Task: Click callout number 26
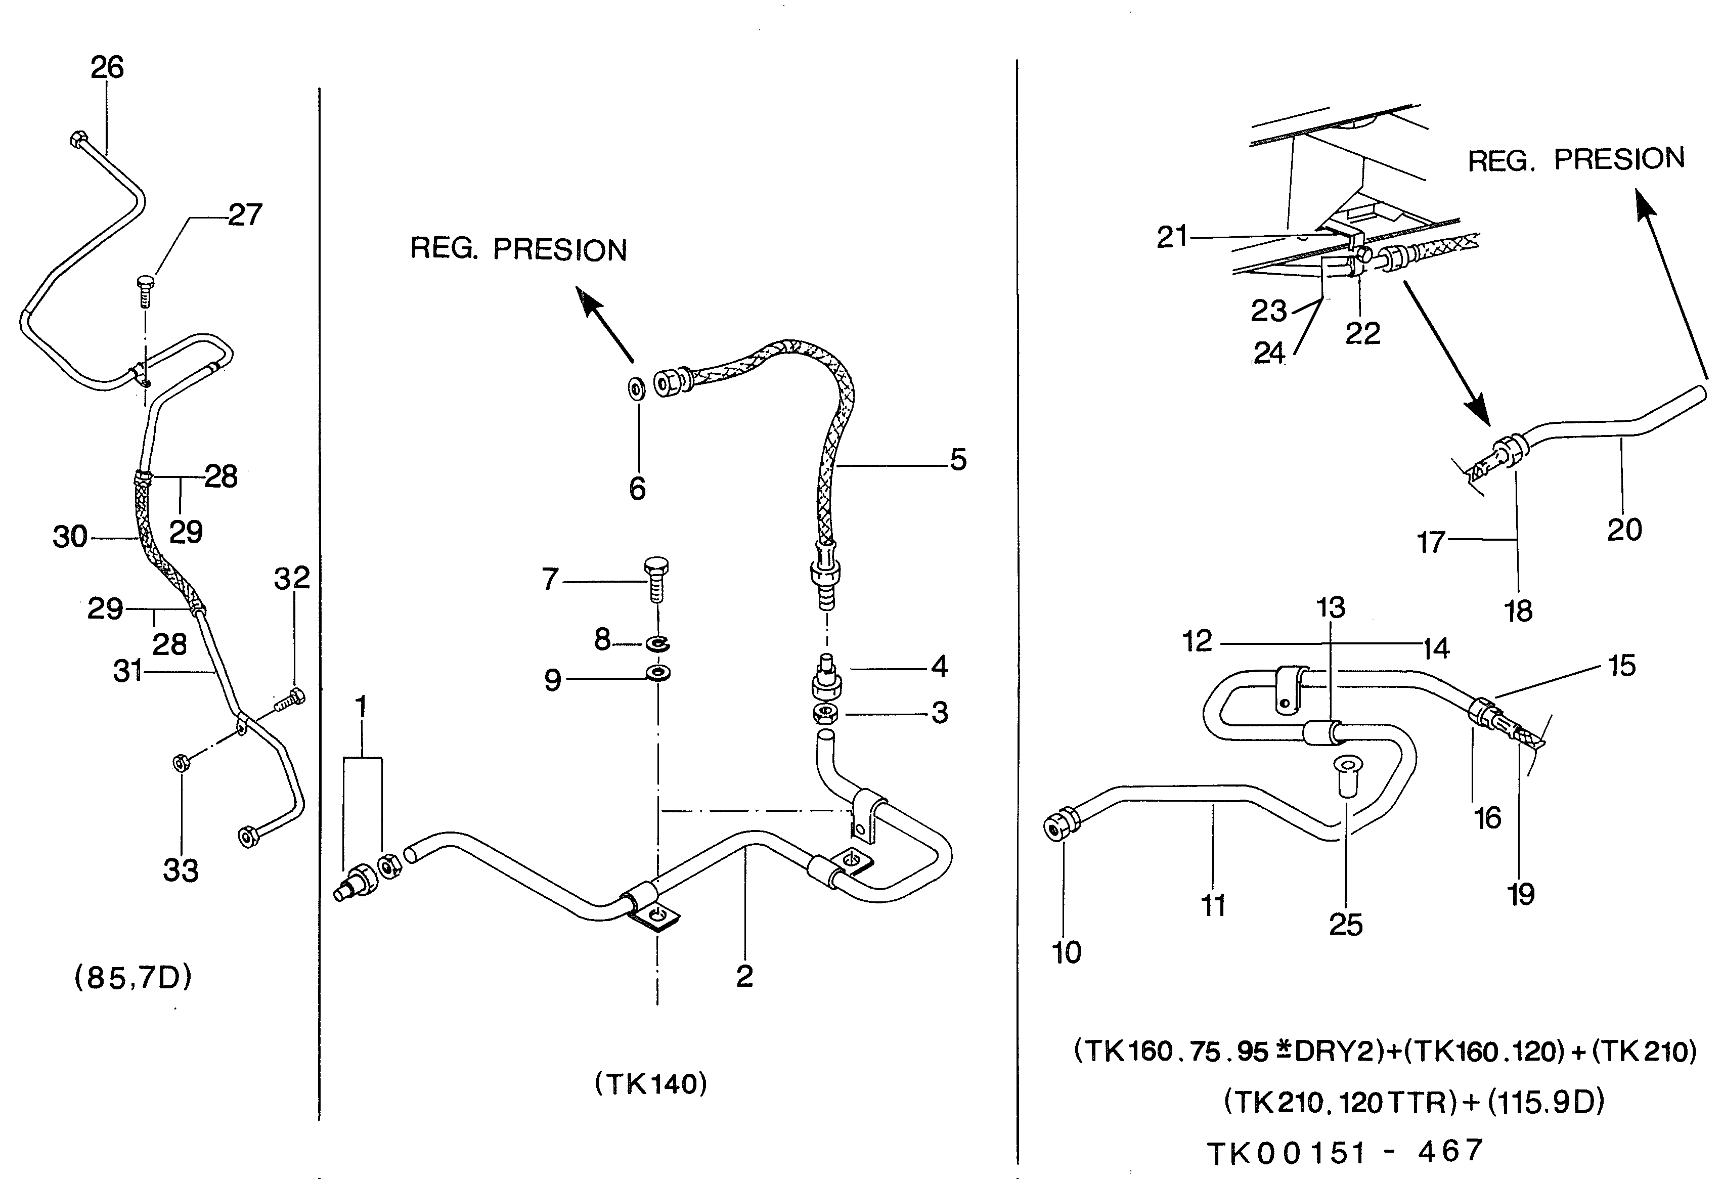click(x=107, y=67)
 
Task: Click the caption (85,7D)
click(x=134, y=978)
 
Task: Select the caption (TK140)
click(x=650, y=1084)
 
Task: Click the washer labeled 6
click(x=636, y=387)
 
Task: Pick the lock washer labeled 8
click(x=657, y=643)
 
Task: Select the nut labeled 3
click(x=825, y=714)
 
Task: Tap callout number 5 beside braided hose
click(x=958, y=460)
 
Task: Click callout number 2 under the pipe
click(x=744, y=976)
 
